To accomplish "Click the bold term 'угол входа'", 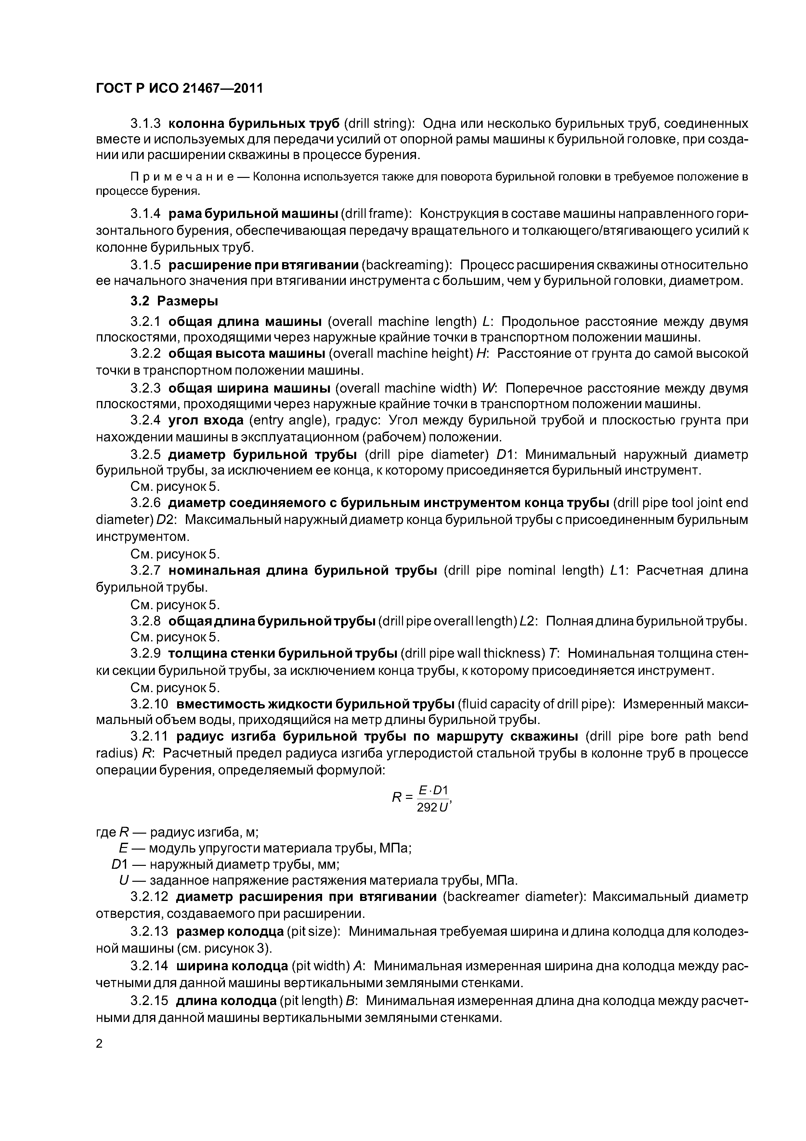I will [x=206, y=421].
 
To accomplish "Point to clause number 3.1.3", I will [x=146, y=123].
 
